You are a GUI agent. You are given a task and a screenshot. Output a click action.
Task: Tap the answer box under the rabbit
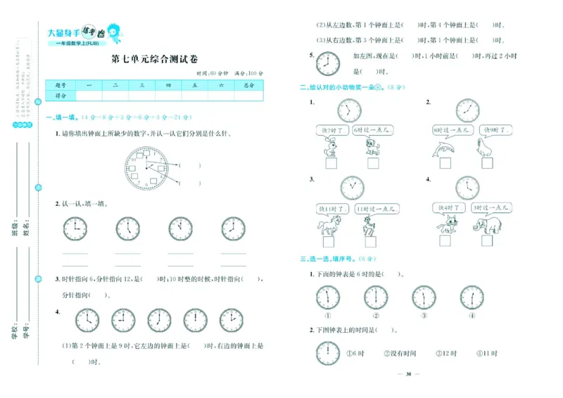pos(330,164)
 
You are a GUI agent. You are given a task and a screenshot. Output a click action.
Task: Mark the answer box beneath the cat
pos(445,241)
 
